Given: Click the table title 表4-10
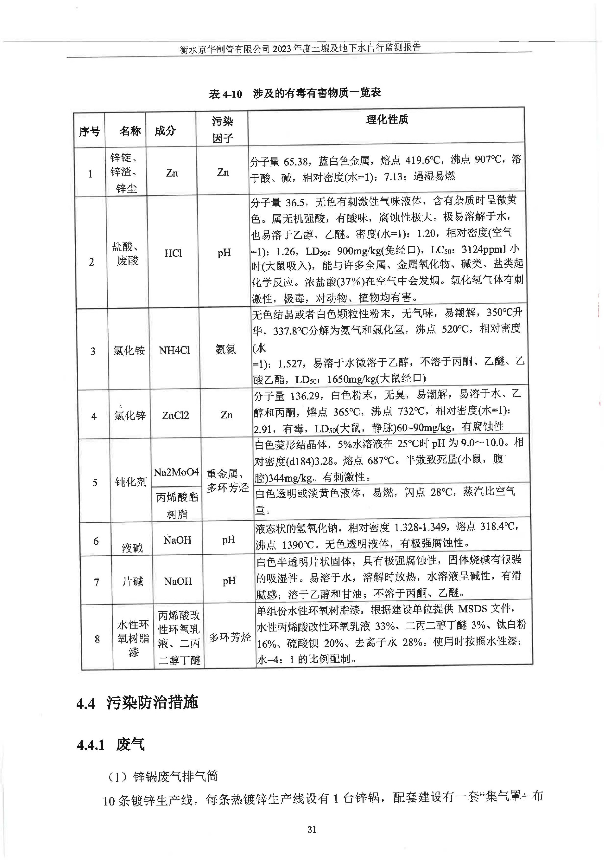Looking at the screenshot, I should pos(294,93).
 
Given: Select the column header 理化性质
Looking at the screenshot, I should pos(387,120).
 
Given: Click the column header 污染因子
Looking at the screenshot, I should pos(222,130).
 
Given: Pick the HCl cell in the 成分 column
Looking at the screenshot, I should pos(173,253).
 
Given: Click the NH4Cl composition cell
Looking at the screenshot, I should pos(174,350).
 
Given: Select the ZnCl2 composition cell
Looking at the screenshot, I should pos(175,415).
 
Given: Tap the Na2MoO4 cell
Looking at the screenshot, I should pos(176,472).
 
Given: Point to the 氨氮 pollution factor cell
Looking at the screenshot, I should pos(225,350).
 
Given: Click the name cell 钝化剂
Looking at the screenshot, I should pos(131,482).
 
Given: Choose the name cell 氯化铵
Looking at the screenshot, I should pos(129,351).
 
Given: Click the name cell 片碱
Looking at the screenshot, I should pos(133,582).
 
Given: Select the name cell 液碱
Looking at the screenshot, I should pos(132,548).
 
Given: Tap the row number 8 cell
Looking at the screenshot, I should pos(97,639).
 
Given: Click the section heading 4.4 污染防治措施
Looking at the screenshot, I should pos(137,703).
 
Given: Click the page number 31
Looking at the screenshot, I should pos(312,830).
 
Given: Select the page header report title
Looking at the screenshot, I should pos(300,48).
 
